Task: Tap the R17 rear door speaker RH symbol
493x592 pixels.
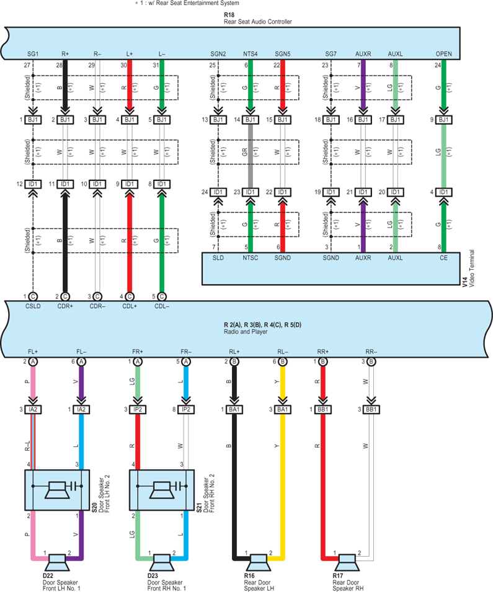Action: coord(347,562)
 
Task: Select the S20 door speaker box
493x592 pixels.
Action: coord(57,490)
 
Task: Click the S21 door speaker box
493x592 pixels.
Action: coord(162,490)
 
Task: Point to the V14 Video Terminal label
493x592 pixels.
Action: coord(468,268)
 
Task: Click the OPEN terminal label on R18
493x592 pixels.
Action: coord(443,54)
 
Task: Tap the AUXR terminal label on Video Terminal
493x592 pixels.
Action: coord(363,258)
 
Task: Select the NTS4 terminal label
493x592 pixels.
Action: coord(250,54)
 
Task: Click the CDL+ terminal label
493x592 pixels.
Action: coord(130,306)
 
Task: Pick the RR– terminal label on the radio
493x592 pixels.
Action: coord(371,351)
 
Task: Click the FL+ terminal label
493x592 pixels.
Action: coord(33,351)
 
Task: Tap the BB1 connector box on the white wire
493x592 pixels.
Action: coord(371,409)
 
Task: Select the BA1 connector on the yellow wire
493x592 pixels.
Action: coord(282,409)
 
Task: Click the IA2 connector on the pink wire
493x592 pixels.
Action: coord(33,409)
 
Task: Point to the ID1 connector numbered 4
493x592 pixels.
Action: coord(443,192)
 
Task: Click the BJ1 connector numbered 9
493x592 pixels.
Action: coord(443,120)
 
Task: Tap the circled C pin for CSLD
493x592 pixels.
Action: coord(33,297)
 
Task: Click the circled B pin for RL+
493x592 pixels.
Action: coord(234,361)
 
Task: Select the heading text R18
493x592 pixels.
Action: coord(229,15)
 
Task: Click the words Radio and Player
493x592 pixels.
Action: coord(246,332)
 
